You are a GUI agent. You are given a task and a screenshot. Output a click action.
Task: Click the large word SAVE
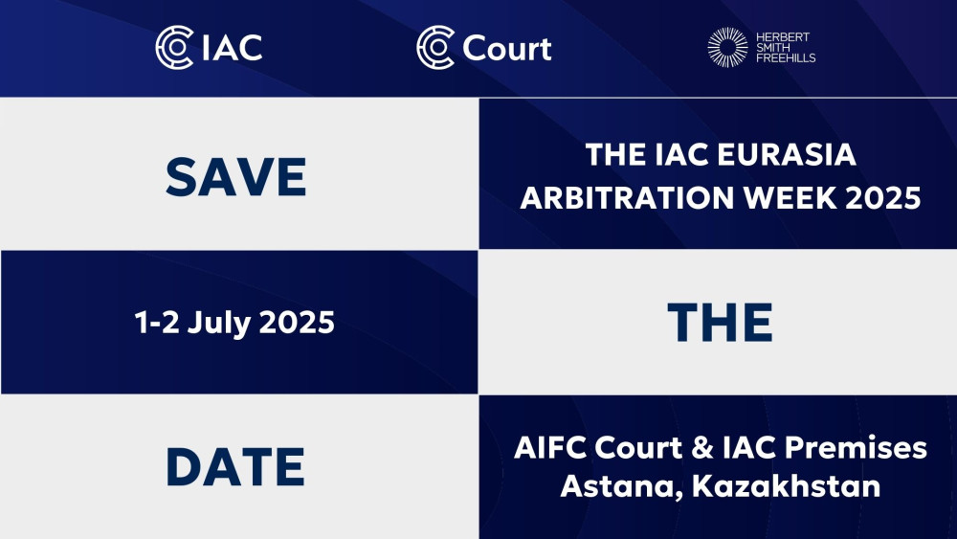coord(235,177)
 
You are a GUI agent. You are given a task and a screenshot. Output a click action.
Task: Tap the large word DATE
coord(235,467)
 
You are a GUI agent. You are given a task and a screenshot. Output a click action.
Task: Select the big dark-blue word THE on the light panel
coord(721,322)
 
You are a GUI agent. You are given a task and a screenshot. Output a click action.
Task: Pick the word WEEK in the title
coord(790,198)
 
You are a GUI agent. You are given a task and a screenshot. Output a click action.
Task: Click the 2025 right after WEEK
coord(882,198)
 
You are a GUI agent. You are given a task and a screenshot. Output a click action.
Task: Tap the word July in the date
coord(218,324)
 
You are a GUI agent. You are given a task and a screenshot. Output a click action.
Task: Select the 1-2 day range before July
coord(157,322)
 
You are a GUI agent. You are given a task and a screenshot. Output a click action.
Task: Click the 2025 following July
coord(297,322)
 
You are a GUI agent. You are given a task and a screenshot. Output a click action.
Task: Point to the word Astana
coord(621,487)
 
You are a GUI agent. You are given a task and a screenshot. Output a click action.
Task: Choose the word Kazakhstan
coord(786,486)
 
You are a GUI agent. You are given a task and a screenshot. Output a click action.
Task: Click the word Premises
coord(856,447)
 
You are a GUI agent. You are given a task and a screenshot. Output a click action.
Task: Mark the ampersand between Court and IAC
coord(702,448)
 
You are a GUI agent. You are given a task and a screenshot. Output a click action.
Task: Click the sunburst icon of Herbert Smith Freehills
coord(727,47)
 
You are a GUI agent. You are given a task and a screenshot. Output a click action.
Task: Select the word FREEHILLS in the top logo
coord(786,58)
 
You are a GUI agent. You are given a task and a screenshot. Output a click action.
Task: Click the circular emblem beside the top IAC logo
coord(174,47)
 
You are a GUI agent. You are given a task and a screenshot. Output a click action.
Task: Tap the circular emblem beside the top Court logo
coord(435,47)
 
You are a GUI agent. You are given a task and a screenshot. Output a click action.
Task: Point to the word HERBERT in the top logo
coord(783,36)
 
